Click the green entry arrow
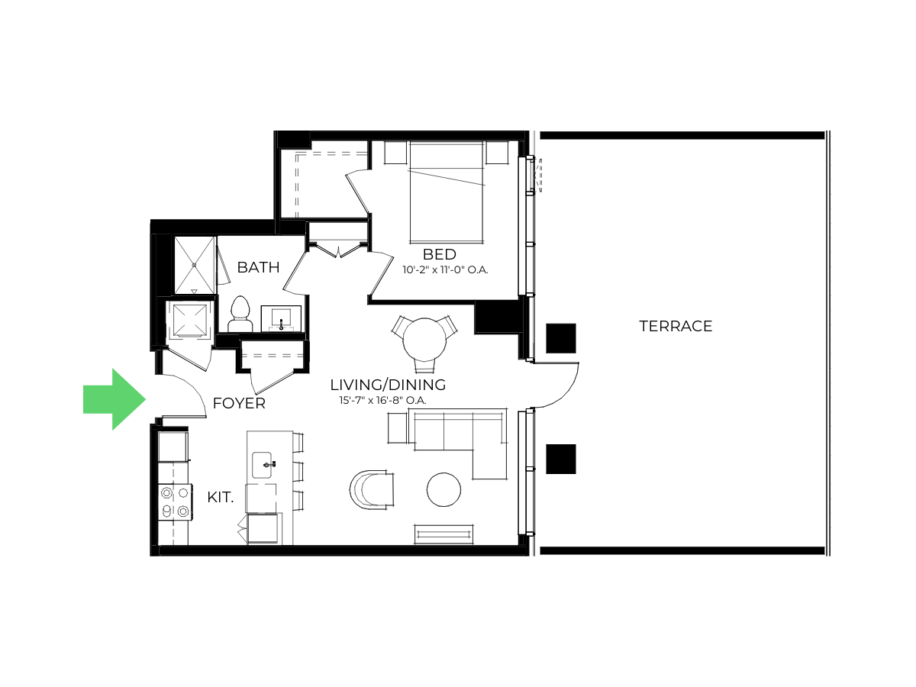114,399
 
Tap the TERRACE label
676,326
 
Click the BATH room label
258,267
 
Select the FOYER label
239,403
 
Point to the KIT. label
221,497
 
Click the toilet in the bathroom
240,314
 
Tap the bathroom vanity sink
281,318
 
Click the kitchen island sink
263,465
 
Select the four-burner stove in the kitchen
175,502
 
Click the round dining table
424,340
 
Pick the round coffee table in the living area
443,490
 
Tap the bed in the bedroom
446,192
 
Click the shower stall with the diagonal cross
195,266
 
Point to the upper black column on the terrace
561,338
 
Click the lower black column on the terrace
561,459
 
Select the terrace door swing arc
568,393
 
